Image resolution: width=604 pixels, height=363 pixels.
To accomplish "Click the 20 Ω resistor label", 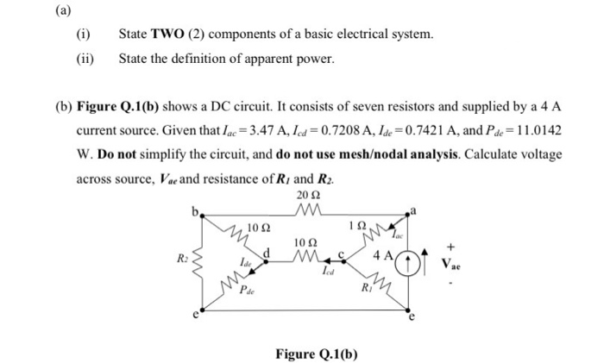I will pyautogui.click(x=301, y=196).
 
